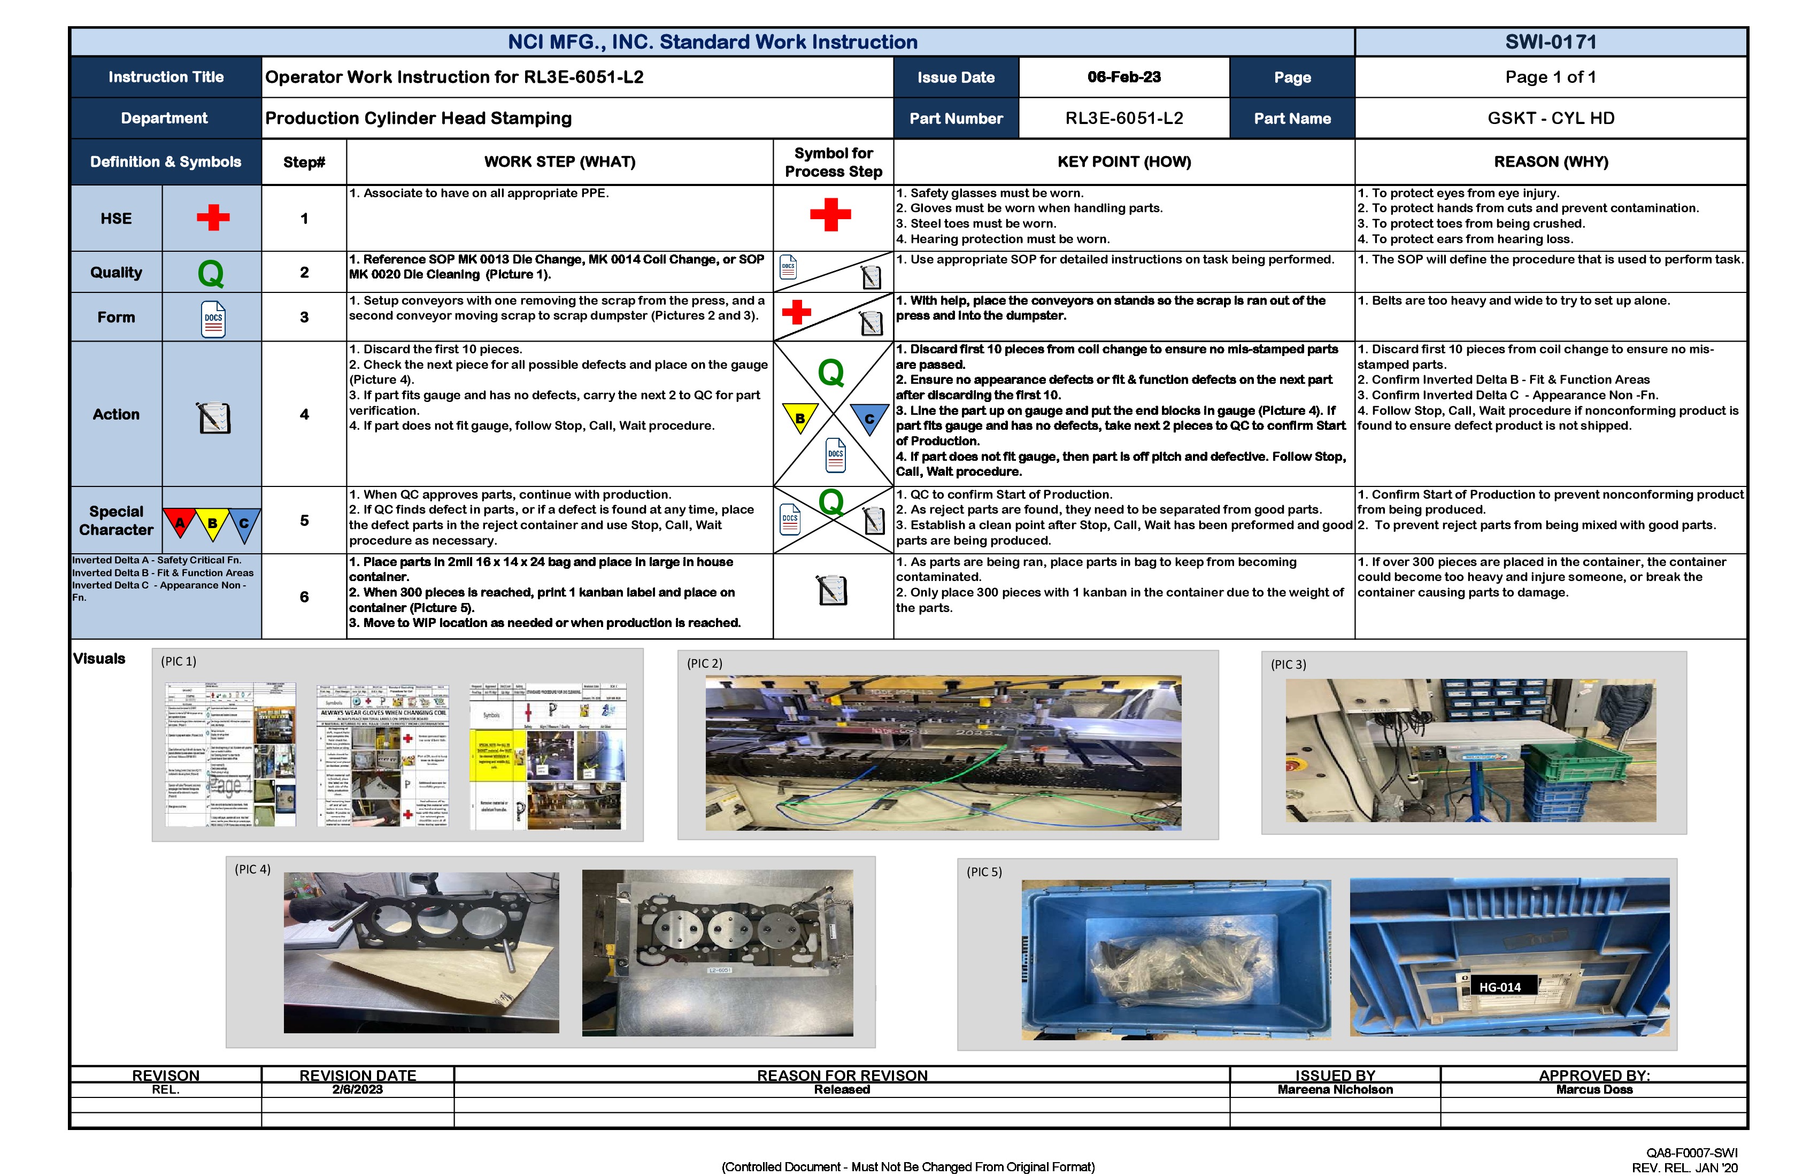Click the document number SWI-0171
(1550, 42)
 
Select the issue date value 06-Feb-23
(1123, 77)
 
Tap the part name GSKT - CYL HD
(1550, 118)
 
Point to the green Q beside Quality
(211, 273)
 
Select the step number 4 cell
(304, 414)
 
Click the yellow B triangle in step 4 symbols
(800, 417)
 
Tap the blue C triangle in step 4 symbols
(868, 417)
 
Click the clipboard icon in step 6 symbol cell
(832, 590)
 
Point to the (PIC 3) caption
(1288, 664)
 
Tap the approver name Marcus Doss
(1593, 1090)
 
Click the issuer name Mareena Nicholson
(1335, 1090)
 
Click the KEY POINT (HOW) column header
(1123, 162)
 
